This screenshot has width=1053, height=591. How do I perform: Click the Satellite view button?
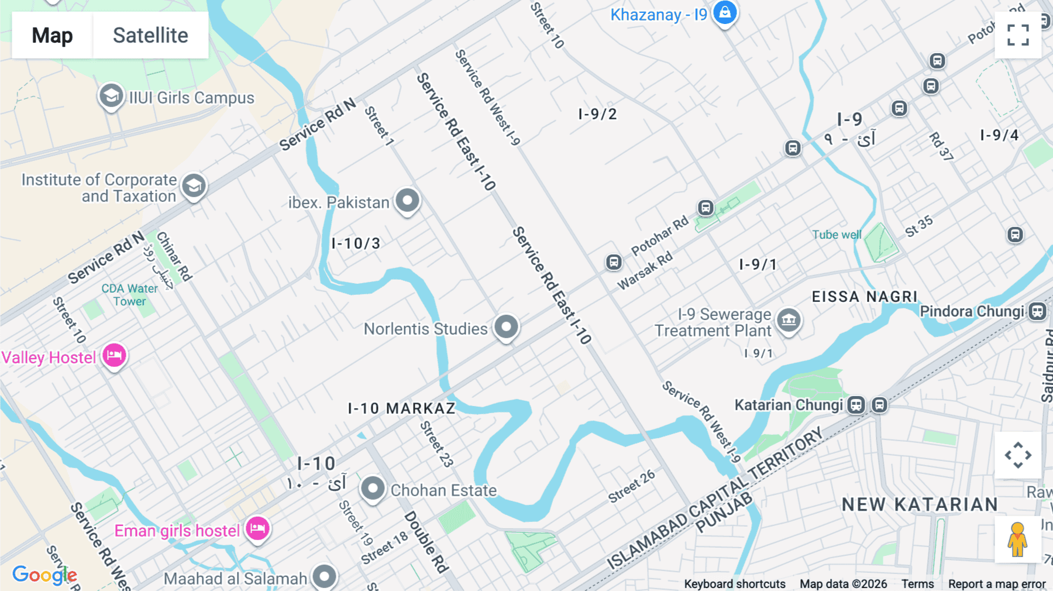pyautogui.click(x=150, y=35)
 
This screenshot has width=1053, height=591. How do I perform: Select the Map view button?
pyautogui.click(x=52, y=35)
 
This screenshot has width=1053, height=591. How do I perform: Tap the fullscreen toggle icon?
pyautogui.click(x=1018, y=35)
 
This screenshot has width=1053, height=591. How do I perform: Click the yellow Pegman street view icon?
pyautogui.click(x=1017, y=539)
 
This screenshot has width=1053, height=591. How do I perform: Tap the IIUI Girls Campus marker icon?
pyautogui.click(x=111, y=96)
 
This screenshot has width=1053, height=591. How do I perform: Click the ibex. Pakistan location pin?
pyautogui.click(x=408, y=200)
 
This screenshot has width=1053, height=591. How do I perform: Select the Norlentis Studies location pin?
pyautogui.click(x=506, y=327)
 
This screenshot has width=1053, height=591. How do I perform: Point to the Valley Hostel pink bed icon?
pyautogui.click(x=114, y=355)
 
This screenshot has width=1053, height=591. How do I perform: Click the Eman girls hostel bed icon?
pyautogui.click(x=257, y=529)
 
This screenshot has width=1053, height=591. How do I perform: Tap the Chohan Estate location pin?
pyautogui.click(x=373, y=488)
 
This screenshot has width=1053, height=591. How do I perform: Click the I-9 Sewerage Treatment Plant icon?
pyautogui.click(x=789, y=320)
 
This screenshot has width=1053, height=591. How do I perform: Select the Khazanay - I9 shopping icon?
pyautogui.click(x=725, y=12)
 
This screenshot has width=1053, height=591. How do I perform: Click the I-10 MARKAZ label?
pyautogui.click(x=401, y=408)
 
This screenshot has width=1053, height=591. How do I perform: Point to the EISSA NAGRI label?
pyautogui.click(x=865, y=297)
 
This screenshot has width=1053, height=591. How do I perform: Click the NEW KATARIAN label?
pyautogui.click(x=920, y=504)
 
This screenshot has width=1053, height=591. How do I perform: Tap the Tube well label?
pyautogui.click(x=837, y=235)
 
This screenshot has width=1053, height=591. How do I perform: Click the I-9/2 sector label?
pyautogui.click(x=597, y=114)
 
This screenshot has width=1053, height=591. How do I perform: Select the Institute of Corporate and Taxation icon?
pyautogui.click(x=194, y=186)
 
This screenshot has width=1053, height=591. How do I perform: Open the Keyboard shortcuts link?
pyautogui.click(x=735, y=584)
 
